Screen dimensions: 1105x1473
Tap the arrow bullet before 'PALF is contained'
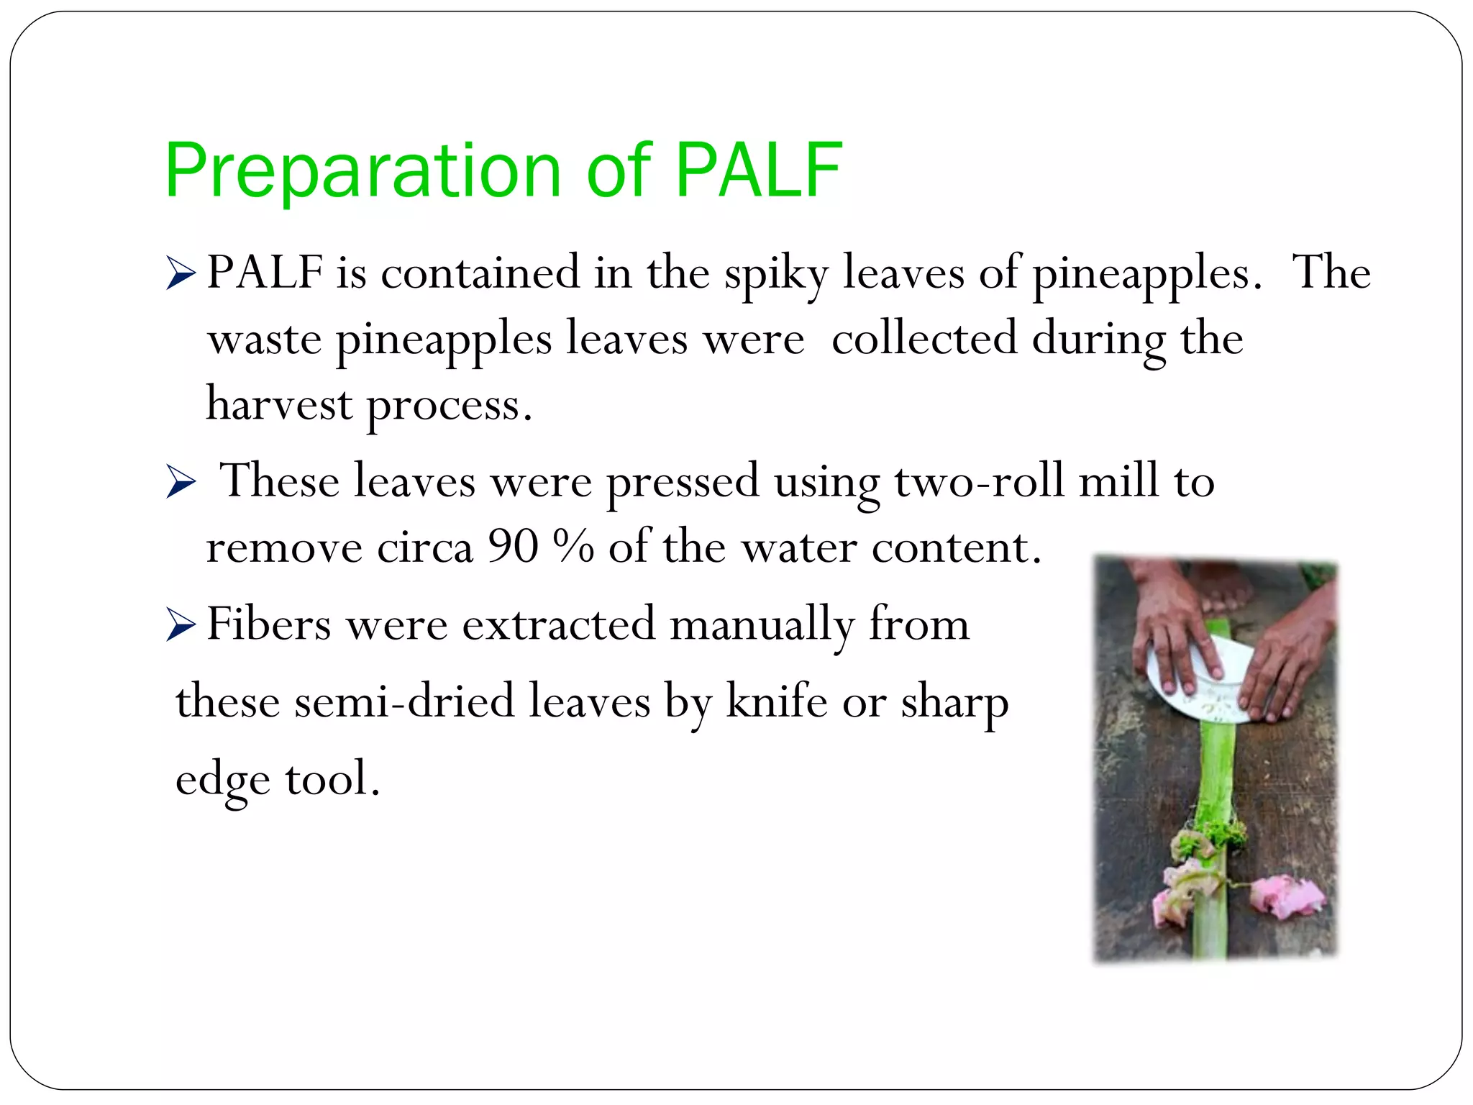[x=180, y=274]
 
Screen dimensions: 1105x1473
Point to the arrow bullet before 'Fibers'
[x=180, y=624]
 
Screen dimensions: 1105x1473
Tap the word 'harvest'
[x=279, y=404]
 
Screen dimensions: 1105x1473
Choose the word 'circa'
[x=424, y=548]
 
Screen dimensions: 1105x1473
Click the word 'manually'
[x=762, y=624]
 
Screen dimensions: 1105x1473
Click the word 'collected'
[x=924, y=339]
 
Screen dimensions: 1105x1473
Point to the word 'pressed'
[x=683, y=482]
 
